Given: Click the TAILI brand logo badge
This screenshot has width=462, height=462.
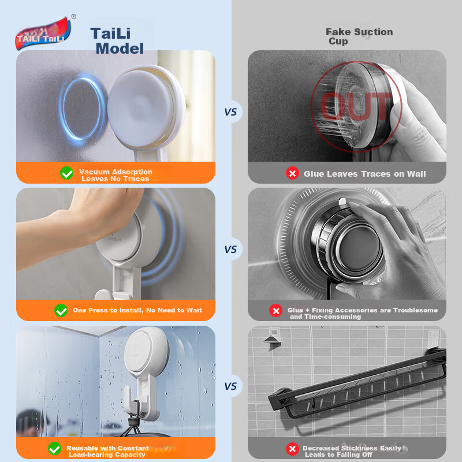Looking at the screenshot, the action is [x=43, y=33].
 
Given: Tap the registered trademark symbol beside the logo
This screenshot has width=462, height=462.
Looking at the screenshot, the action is [x=74, y=17].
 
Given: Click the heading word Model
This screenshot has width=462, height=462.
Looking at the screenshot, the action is [x=120, y=49].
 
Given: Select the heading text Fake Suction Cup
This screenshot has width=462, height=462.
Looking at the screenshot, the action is [x=359, y=36].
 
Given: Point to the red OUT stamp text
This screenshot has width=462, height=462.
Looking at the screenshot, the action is [x=356, y=106].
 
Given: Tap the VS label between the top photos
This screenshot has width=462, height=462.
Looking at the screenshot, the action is [x=230, y=112].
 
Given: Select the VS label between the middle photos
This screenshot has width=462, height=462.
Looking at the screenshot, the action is [x=230, y=249].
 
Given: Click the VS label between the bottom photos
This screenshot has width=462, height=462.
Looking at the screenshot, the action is [x=230, y=386].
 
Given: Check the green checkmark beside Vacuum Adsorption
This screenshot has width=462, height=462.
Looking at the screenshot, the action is [x=67, y=173].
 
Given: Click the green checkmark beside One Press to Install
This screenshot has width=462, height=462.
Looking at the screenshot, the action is [x=61, y=311].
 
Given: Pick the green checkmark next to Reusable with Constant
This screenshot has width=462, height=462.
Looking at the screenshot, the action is [x=54, y=449].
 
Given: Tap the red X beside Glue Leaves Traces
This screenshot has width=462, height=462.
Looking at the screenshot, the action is [x=293, y=173].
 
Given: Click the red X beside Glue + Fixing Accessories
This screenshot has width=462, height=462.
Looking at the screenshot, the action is [x=276, y=311].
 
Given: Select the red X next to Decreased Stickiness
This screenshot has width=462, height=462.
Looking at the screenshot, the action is [x=293, y=449].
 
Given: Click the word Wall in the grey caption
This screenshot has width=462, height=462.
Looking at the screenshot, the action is [x=416, y=174].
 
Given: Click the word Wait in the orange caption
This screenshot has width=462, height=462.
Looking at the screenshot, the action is [x=195, y=310].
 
